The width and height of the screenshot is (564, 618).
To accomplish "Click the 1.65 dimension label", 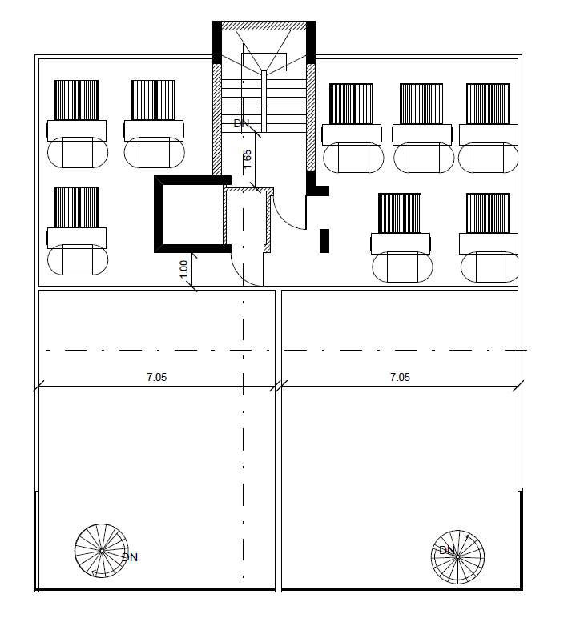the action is click(248, 159).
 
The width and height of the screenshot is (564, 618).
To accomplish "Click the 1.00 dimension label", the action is click(184, 268).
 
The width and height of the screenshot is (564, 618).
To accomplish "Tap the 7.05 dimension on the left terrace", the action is click(156, 377).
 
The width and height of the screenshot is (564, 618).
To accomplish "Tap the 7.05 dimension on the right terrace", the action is click(400, 377).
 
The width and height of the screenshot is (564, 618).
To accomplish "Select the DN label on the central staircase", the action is click(241, 123).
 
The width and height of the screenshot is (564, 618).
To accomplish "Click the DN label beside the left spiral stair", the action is click(129, 557).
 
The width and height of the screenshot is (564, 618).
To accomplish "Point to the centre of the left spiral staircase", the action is click(102, 551).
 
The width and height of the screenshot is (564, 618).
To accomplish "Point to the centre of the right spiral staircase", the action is click(457, 556).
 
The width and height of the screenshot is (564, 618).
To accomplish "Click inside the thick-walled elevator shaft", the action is click(193, 215).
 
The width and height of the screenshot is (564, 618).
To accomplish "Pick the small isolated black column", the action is click(324, 240).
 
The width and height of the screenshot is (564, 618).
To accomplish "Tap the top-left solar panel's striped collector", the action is click(77, 100).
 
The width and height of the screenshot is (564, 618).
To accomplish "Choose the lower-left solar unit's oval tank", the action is click(78, 259).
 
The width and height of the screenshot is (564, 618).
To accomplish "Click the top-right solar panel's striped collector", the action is click(488, 103).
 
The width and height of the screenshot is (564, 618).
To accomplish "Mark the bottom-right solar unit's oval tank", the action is click(489, 267).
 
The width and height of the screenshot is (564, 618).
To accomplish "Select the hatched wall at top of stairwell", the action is click(264, 26).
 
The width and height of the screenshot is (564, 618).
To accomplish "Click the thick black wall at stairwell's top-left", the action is click(217, 42).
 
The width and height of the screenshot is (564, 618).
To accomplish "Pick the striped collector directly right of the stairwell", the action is click(351, 103).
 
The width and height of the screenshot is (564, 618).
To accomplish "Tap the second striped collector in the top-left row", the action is click(153, 100).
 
